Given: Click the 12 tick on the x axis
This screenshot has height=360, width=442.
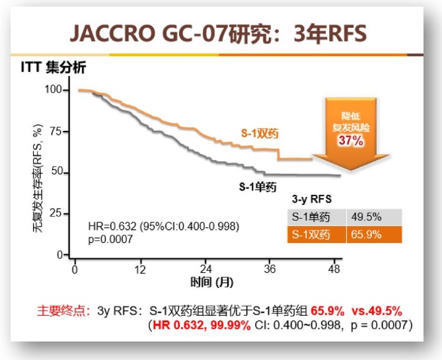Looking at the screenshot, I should pos(140,269).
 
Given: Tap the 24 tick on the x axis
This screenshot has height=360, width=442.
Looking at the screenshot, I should pos(205,269).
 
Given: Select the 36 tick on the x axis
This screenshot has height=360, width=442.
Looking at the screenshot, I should pos(270,269).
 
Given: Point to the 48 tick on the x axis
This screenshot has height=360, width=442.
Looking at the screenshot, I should pos(335,269).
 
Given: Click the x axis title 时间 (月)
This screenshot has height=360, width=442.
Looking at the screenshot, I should pos(212,282).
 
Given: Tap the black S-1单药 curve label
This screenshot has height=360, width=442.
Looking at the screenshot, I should pos(257,187).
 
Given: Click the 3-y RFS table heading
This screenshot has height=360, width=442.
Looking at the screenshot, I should pos(312,199).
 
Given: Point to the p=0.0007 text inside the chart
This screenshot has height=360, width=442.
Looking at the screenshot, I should pos(110,239).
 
